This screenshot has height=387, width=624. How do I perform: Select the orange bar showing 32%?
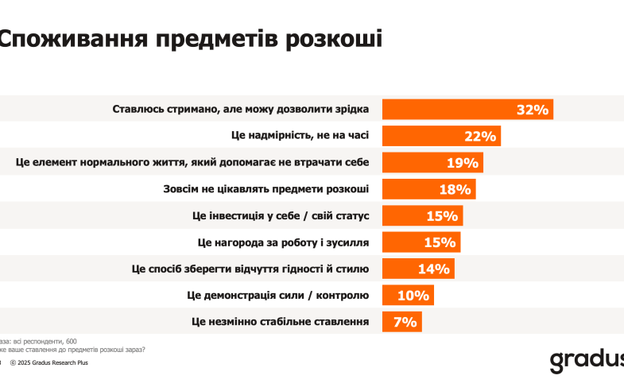pyautogui.click(x=467, y=110)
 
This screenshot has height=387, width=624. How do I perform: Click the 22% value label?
pyautogui.click(x=480, y=137)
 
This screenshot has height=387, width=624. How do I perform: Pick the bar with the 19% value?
pyautogui.click(x=432, y=163)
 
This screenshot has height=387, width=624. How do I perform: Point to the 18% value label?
pyautogui.click(x=455, y=189)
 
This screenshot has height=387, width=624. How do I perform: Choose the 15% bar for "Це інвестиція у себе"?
pyautogui.click(x=422, y=215)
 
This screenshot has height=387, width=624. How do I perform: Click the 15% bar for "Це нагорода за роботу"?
pyautogui.click(x=421, y=242)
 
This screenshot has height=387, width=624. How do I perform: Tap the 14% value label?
pyautogui.click(x=434, y=269)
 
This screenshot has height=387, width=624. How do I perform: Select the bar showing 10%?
pyautogui.click(x=408, y=295)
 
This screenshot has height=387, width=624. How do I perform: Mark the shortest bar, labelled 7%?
pyautogui.click(x=401, y=321)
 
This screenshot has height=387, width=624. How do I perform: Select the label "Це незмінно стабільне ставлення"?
pyautogui.click(x=281, y=321)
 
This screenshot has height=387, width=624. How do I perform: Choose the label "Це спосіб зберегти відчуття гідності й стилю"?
pyautogui.click(x=250, y=269)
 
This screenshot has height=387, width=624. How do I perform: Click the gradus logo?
pyautogui.click(x=587, y=359)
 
